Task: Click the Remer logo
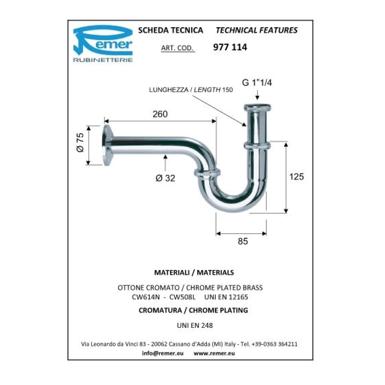tap(103, 44)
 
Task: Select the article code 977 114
tap(230, 47)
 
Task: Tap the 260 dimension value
tap(160, 114)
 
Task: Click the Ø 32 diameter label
tap(165, 178)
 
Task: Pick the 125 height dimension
tap(296, 176)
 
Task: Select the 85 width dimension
tap(243, 241)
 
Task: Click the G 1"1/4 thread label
tap(257, 82)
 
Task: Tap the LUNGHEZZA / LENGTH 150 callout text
tap(191, 90)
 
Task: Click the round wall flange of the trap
tap(108, 145)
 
